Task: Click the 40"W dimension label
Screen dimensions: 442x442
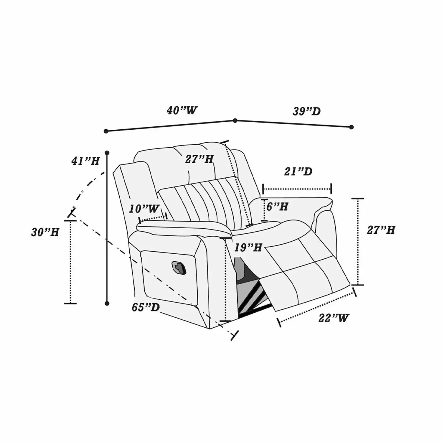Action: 182,111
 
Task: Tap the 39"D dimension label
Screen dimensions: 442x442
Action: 306,111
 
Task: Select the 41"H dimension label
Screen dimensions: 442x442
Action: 85,161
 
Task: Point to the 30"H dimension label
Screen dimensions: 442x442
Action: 45,232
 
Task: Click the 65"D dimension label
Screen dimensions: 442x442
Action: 146,307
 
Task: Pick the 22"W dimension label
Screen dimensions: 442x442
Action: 334,318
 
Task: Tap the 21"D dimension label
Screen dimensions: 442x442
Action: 298,171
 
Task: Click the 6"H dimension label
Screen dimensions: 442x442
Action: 277,206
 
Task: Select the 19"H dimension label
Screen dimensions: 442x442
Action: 248,248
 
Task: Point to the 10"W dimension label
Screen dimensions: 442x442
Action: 144,209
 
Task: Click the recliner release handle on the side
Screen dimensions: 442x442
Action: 179,267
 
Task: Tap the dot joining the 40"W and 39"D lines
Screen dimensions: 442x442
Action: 235,121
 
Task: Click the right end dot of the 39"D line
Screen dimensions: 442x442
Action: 351,127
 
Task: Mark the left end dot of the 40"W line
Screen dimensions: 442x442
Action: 106,131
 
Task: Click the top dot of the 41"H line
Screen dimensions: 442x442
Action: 107,153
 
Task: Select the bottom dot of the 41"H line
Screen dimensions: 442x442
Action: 107,303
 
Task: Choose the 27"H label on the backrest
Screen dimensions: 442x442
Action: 199,159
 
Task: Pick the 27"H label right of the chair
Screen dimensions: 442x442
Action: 381,230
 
